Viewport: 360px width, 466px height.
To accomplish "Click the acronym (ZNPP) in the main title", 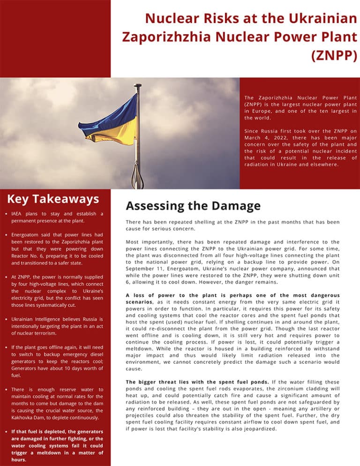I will click(334, 55).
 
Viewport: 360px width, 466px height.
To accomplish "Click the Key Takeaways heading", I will click(52, 199).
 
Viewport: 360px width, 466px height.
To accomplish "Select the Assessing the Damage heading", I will click(193, 206).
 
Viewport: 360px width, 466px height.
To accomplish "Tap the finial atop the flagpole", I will click(137, 86).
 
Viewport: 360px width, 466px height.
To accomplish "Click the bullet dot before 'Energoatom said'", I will click(5, 235).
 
